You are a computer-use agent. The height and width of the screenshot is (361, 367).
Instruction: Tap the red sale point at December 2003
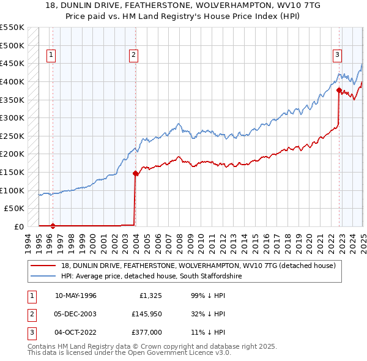pos(135,173)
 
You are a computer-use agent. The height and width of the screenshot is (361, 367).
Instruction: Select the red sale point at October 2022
pos(339,90)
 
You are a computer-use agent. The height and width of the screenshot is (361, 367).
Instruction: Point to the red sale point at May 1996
pos(53,226)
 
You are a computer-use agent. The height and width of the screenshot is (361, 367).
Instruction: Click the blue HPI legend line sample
pos(43,277)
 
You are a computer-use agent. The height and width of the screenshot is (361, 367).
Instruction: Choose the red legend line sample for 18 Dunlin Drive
pos(43,266)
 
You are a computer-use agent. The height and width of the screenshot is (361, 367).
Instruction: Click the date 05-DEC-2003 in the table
pos(76,314)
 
